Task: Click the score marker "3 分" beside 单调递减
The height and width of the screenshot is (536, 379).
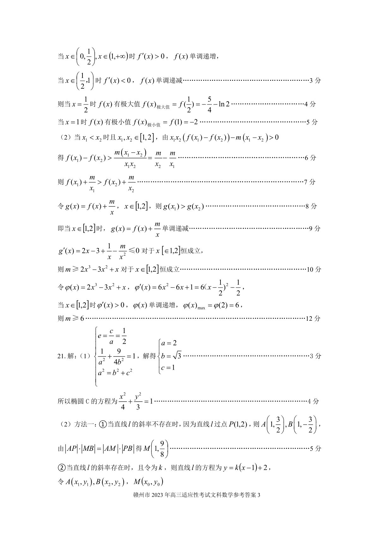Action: click(x=315, y=81)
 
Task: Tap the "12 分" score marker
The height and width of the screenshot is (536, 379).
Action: click(x=313, y=319)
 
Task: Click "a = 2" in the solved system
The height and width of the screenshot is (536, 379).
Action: click(x=169, y=343)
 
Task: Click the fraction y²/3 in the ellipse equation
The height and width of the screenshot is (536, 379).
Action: click(x=138, y=402)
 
